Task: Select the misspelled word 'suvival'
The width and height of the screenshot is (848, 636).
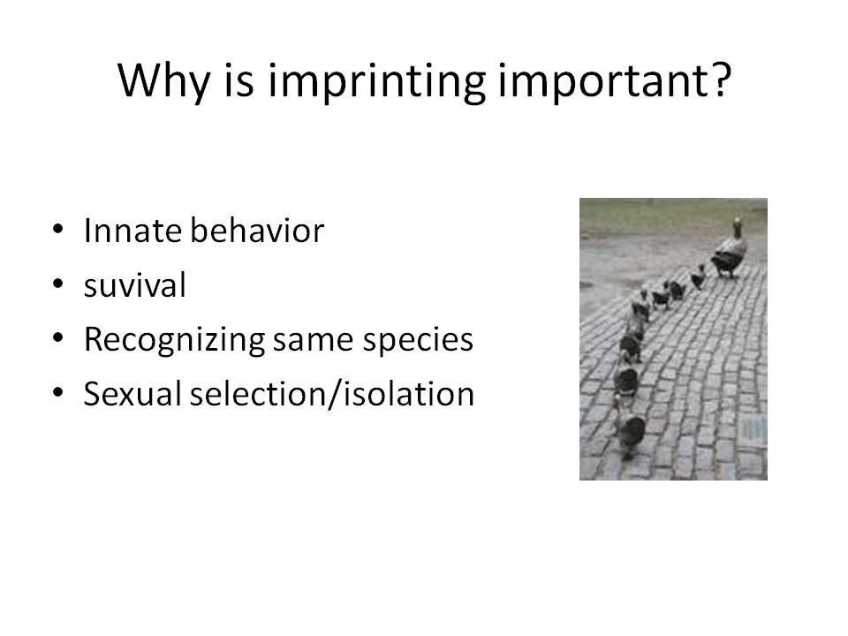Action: tap(134, 286)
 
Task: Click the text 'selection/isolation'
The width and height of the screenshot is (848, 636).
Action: tap(331, 394)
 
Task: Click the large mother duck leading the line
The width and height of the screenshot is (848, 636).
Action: tap(730, 254)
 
